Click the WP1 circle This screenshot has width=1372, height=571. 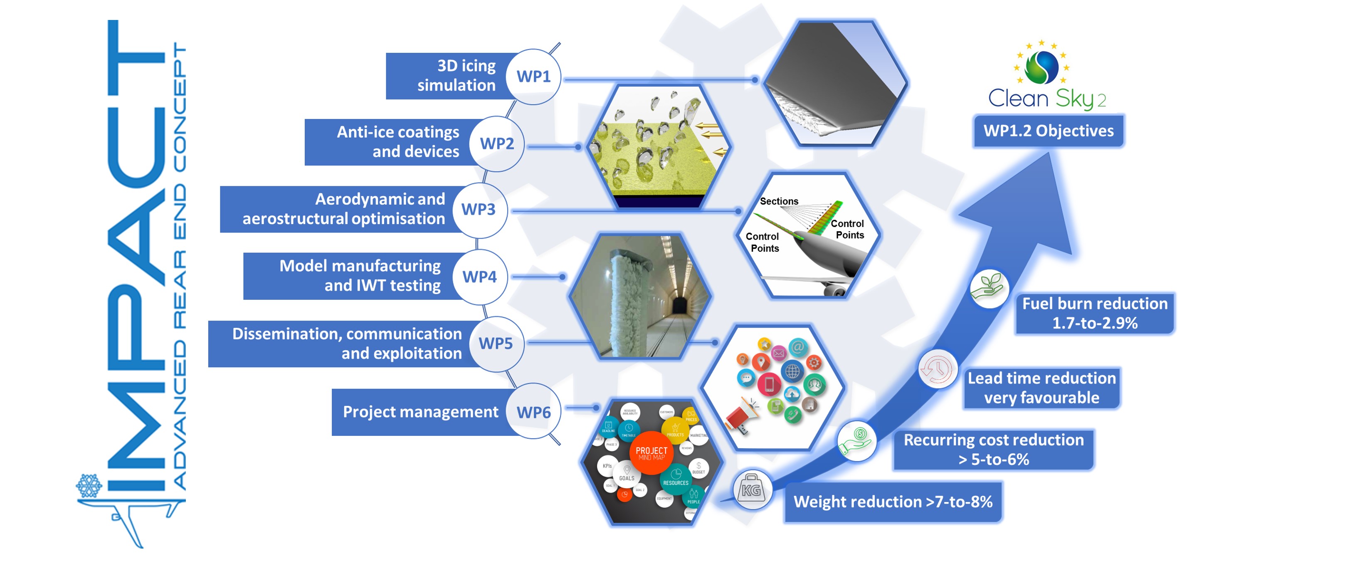tap(533, 77)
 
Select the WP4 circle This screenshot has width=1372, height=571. tap(479, 277)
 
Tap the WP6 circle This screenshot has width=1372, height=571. tap(533, 412)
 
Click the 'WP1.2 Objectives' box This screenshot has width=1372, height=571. tap(1048, 131)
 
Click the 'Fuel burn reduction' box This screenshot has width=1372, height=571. tap(1095, 313)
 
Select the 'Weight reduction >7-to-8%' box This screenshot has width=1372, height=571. tap(893, 502)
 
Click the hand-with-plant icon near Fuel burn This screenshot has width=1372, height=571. tap(989, 288)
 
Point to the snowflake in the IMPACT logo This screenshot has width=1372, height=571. tap(89, 486)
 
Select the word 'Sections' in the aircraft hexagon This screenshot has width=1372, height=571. tap(779, 201)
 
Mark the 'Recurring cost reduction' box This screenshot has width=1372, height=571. tap(993, 450)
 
